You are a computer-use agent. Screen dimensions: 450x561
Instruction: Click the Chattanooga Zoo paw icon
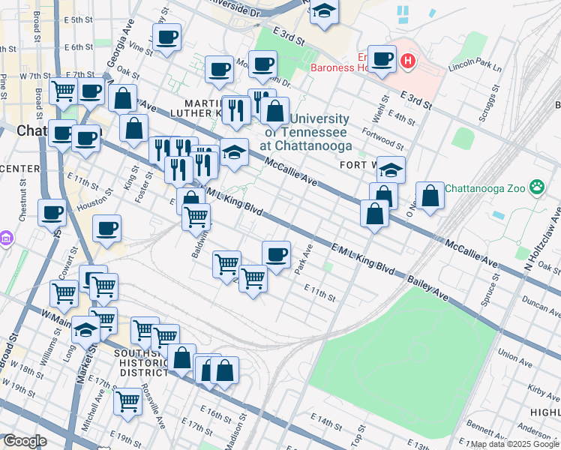click(x=537, y=187)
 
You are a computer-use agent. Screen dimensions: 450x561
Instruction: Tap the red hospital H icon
click(x=408, y=61)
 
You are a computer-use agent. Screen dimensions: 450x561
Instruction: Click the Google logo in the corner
click(x=25, y=441)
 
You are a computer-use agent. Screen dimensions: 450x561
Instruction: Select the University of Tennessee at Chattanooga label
click(x=308, y=132)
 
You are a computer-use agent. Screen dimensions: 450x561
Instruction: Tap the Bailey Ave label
click(x=427, y=289)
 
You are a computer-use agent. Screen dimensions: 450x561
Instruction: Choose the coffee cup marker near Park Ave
click(x=276, y=254)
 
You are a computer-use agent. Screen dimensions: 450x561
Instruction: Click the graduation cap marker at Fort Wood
click(x=391, y=169)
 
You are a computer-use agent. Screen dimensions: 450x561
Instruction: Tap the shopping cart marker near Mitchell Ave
click(x=128, y=402)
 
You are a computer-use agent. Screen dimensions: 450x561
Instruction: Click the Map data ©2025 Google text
click(x=514, y=444)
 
